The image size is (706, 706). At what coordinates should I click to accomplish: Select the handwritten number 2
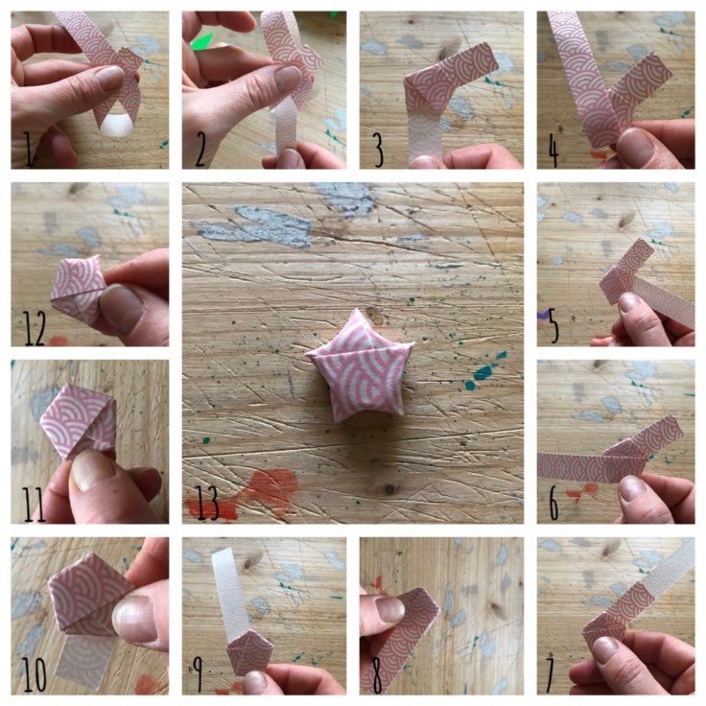coord(202,149)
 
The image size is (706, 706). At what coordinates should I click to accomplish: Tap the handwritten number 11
coord(35,504)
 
